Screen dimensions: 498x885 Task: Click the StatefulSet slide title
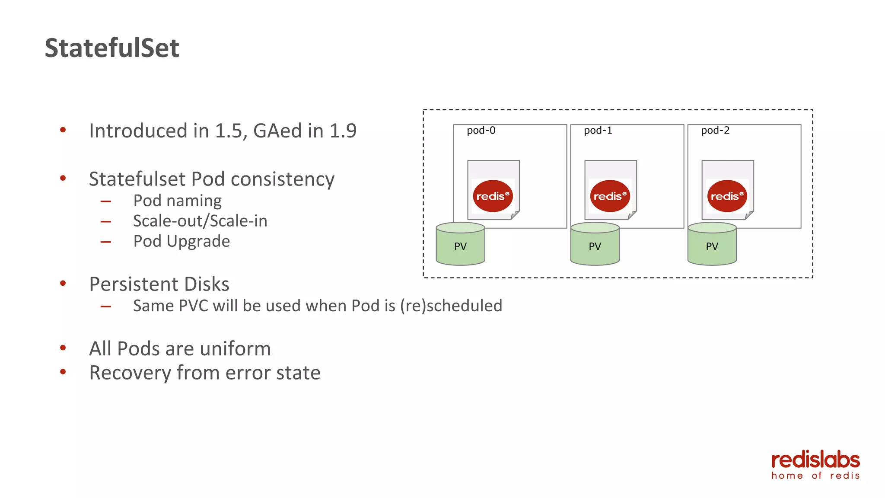click(111, 48)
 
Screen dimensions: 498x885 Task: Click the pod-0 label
click(481, 131)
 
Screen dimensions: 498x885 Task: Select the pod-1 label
click(598, 131)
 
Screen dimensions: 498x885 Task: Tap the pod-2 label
click(715, 131)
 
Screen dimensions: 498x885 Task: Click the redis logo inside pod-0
click(493, 196)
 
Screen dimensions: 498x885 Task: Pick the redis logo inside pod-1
click(610, 196)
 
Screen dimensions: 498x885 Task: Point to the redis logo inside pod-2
click(727, 196)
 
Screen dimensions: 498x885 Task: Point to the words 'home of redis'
click(815, 476)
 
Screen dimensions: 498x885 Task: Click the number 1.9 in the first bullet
click(343, 131)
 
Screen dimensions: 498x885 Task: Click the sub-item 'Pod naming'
click(177, 201)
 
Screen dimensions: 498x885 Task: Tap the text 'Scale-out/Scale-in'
click(200, 221)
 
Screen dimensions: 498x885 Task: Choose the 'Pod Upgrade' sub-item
click(181, 241)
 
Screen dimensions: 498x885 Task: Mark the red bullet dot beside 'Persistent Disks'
click(63, 284)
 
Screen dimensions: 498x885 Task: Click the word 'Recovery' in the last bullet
click(130, 373)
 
